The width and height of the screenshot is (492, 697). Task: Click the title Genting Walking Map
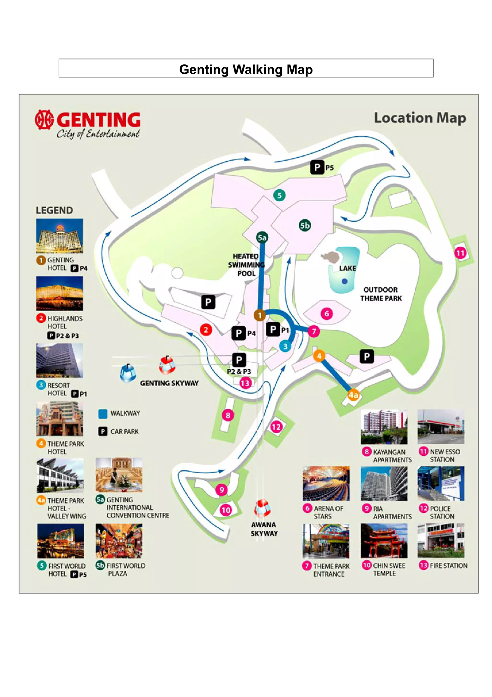(x=246, y=69)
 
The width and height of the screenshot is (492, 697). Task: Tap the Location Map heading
(x=420, y=118)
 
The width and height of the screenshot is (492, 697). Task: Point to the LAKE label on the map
(x=347, y=268)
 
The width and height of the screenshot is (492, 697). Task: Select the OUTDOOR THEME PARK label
(x=381, y=294)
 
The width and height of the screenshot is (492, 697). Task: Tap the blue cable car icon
(x=128, y=373)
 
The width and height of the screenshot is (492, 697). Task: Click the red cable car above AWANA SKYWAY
(x=262, y=508)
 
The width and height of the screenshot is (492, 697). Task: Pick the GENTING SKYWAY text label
(x=169, y=383)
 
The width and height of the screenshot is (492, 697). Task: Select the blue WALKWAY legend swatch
(x=103, y=414)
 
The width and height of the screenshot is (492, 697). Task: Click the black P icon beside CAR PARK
(x=103, y=431)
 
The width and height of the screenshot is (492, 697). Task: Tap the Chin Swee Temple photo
(x=384, y=541)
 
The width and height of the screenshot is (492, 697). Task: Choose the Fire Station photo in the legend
(x=441, y=541)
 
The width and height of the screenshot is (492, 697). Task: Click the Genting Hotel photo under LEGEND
(x=59, y=236)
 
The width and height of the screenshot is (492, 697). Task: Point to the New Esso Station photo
(x=441, y=427)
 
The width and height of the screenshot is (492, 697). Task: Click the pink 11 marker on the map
(x=460, y=253)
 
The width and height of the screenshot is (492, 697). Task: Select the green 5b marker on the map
(x=305, y=225)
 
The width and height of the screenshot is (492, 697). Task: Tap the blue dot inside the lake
(x=344, y=281)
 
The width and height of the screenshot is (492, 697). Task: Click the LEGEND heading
(x=54, y=210)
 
